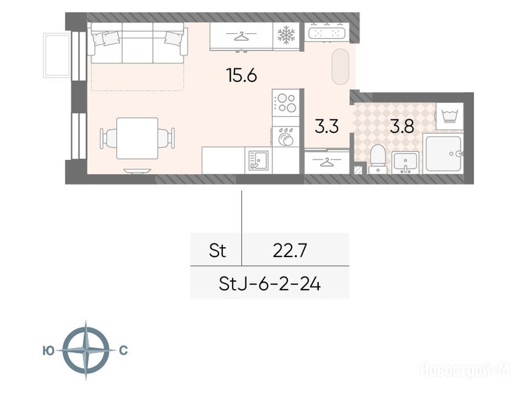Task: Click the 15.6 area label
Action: coord(242,76)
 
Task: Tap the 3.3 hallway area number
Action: coord(327,126)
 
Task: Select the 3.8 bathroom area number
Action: coord(402,126)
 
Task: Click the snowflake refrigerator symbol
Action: coord(286,35)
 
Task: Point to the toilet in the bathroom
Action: coord(378,159)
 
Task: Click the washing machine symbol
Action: coord(450,116)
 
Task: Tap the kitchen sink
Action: coord(258,160)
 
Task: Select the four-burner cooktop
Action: coord(286,102)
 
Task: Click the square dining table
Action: coord(137,138)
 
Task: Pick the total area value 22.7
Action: coord(290,251)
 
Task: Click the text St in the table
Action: coord(217,251)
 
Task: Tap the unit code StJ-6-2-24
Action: coord(270,284)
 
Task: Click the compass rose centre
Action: coord(86,350)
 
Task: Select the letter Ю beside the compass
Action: coord(49,351)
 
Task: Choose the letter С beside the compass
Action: coord(123,351)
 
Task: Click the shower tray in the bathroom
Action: coord(443,154)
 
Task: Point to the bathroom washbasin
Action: coord(405,162)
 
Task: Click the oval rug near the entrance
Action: coord(340,67)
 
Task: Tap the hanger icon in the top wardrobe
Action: coord(241,36)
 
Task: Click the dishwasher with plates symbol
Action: coord(286,136)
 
